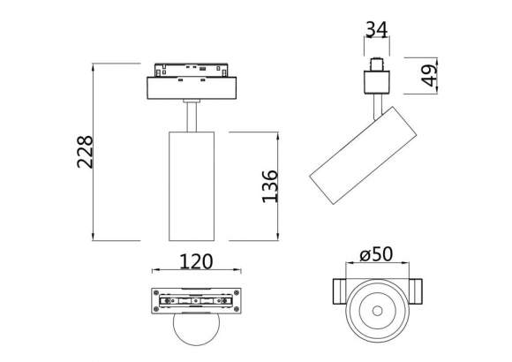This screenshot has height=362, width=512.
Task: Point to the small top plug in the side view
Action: coord(379,64)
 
